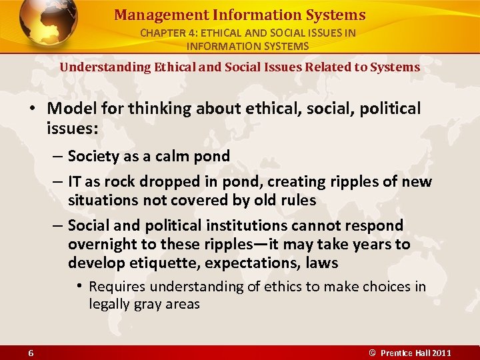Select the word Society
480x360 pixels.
coord(92,157)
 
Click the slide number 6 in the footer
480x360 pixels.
coord(31,353)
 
